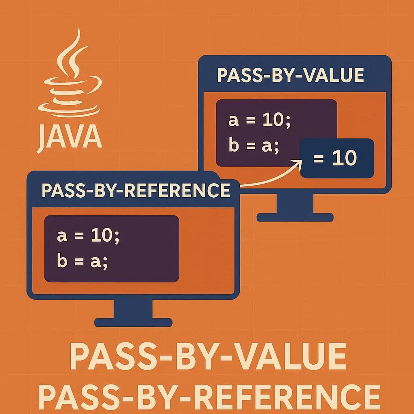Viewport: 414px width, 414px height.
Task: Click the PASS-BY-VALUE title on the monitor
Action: [290, 76]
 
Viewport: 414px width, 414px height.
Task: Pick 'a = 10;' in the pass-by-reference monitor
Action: [89, 236]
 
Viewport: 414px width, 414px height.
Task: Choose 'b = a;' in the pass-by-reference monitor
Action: [83, 261]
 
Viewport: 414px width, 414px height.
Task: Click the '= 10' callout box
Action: [337, 158]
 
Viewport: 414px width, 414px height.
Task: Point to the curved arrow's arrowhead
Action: [300, 162]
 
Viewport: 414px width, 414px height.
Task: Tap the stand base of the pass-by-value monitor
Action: [295, 218]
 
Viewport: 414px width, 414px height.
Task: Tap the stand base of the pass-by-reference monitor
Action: [133, 322]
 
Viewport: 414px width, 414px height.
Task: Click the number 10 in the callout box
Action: [344, 158]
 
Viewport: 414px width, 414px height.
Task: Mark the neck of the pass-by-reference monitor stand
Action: [133, 309]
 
